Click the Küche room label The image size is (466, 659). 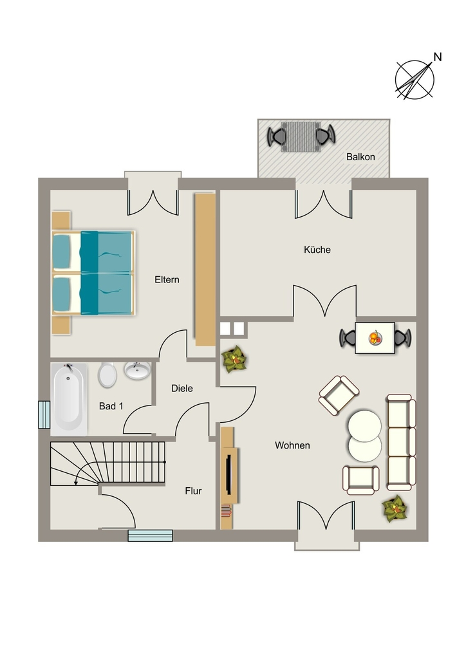tap(317, 250)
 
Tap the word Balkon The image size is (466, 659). tap(360, 157)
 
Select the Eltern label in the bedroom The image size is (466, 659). tap(167, 279)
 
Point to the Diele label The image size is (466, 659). tap(182, 388)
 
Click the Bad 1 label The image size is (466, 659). tap(111, 406)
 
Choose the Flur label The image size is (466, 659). tap(193, 491)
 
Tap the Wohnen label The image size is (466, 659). tap(292, 445)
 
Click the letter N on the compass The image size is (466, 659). tap(438, 57)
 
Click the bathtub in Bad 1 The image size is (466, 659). tap(69, 399)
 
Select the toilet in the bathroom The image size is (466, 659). tap(107, 375)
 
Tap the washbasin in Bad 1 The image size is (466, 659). tap(137, 370)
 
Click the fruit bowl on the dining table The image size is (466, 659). tap(375, 338)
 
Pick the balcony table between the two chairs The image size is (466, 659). tap(301, 136)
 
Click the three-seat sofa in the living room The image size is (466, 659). tap(401, 442)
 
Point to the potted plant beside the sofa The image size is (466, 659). tap(395, 509)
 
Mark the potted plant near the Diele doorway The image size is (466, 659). tap(234, 359)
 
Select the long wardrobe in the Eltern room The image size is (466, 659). tap(205, 270)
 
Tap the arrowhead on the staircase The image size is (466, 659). tap(76, 483)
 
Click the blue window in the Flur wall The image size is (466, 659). tap(150, 536)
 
